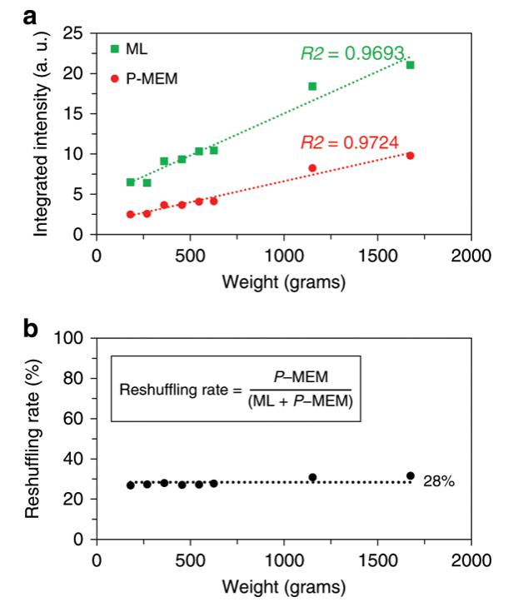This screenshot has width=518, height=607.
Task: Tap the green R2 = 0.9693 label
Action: pyautogui.click(x=354, y=55)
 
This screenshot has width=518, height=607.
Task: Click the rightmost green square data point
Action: pyautogui.click(x=410, y=65)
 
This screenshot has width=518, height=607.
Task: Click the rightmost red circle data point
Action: pyautogui.click(x=410, y=156)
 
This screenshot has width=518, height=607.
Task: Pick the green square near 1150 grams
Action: pyautogui.click(x=312, y=86)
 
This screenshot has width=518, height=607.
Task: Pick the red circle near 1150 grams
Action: pyautogui.click(x=312, y=168)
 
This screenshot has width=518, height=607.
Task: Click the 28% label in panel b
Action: pyautogui.click(x=438, y=482)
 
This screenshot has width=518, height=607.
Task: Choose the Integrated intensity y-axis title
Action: pyautogui.click(x=42, y=133)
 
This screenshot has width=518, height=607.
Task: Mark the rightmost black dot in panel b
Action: pyautogui.click(x=410, y=475)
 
